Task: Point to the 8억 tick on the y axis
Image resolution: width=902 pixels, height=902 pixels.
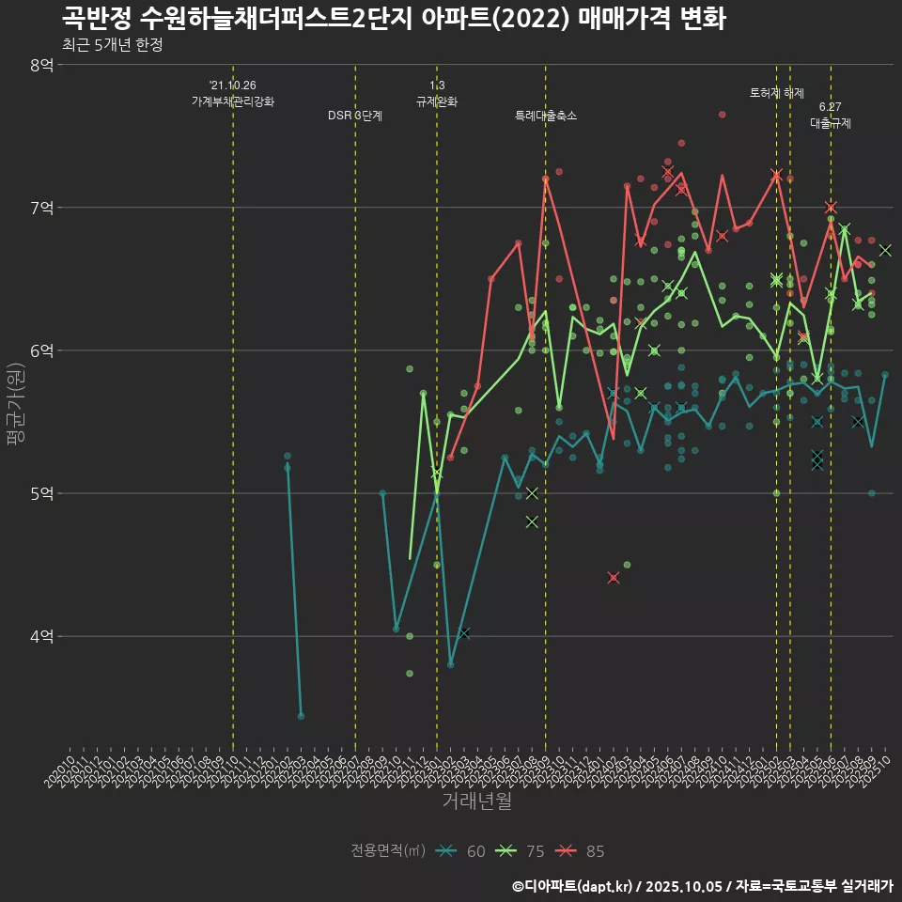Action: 41,65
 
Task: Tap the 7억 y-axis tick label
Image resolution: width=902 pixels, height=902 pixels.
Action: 41,208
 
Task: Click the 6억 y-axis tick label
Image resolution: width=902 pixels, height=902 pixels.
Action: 41,350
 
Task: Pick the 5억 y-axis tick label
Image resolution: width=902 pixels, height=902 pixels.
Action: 41,493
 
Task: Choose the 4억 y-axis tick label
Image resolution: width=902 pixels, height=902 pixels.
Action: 41,636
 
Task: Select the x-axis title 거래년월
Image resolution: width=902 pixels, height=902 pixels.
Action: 477,801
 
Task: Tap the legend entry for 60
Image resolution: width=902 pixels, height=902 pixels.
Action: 461,851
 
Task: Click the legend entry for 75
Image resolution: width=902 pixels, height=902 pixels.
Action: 521,851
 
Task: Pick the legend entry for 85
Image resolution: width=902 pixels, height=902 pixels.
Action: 581,851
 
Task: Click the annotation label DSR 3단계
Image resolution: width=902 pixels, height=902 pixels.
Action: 355,116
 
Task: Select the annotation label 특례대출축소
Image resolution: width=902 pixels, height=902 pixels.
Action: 546,116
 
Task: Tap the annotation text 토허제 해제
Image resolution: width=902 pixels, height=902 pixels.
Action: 777,93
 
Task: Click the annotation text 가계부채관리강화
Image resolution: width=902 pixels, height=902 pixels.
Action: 233,101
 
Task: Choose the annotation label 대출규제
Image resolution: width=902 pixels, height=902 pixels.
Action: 831,123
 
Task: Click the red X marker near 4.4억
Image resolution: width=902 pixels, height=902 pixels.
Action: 614,578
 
